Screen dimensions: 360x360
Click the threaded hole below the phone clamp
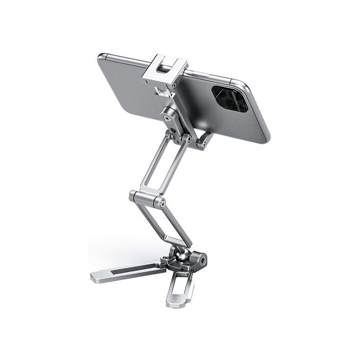coord(169,118)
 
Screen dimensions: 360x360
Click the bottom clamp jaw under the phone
coord(203,139)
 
